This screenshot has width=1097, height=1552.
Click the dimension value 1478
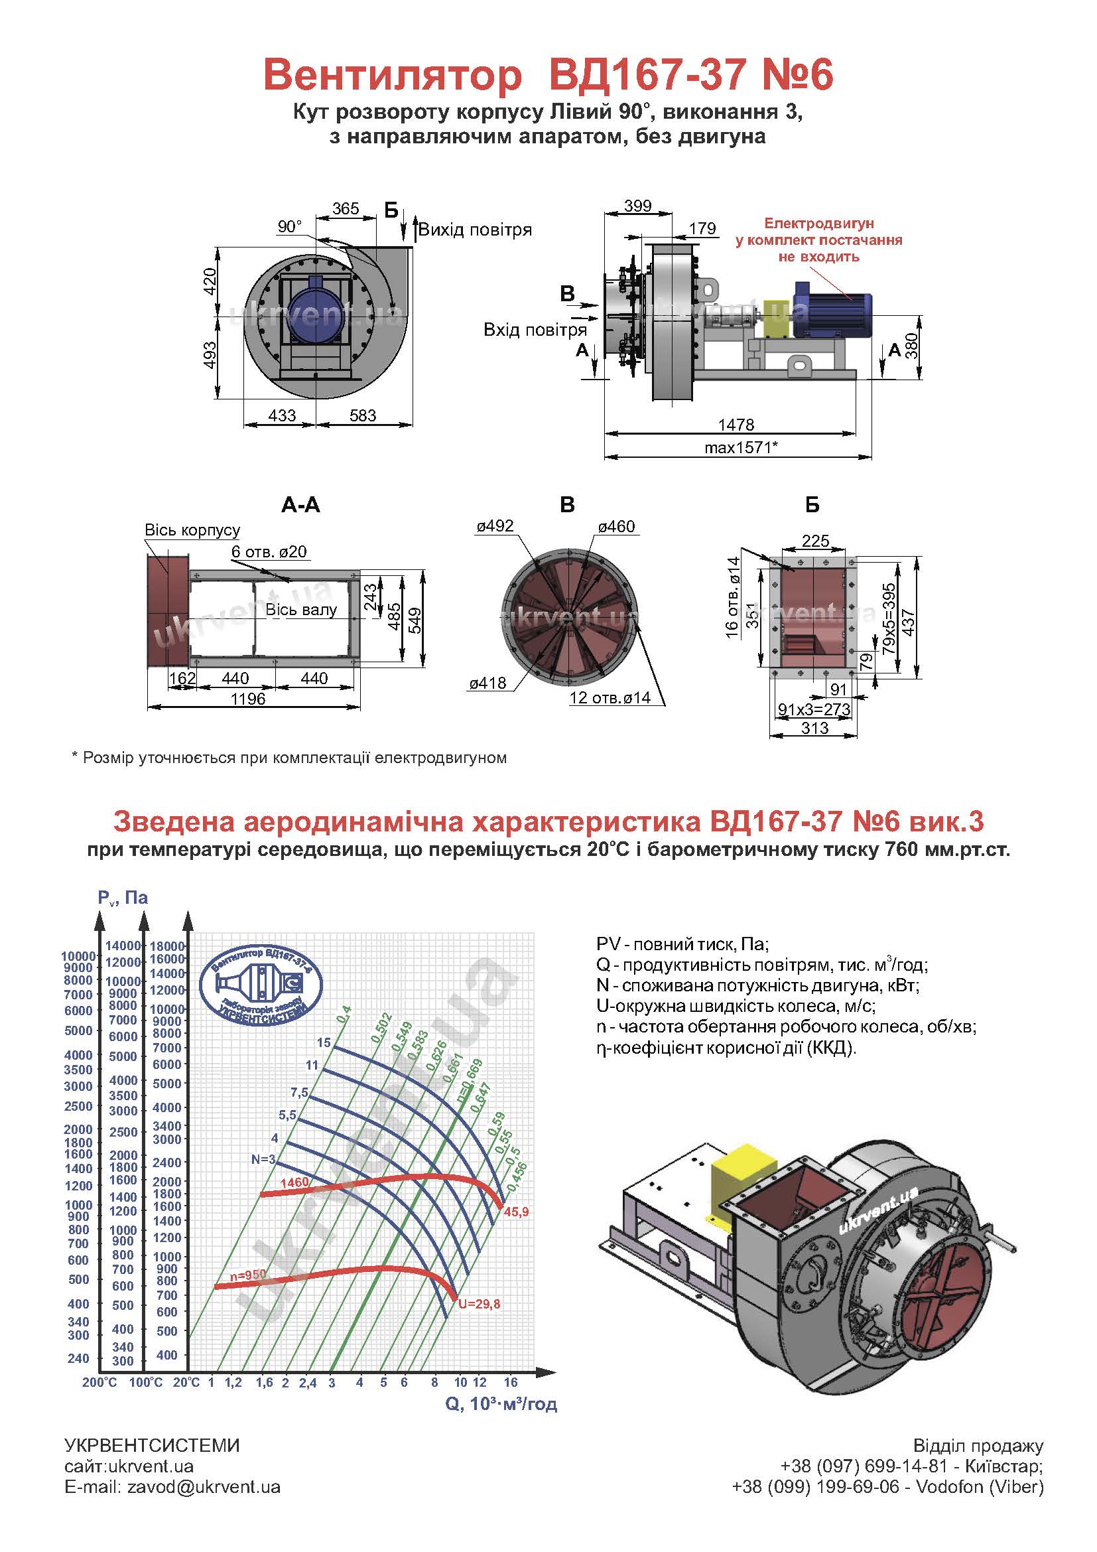(x=736, y=425)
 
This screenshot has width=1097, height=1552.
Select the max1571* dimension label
(x=741, y=447)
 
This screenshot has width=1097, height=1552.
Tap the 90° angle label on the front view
(x=290, y=226)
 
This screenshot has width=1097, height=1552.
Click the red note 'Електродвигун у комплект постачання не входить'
(x=818, y=240)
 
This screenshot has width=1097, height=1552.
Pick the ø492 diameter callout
(x=495, y=526)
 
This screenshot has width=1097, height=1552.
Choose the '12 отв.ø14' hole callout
(x=610, y=697)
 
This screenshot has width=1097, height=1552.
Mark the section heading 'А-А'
(x=300, y=505)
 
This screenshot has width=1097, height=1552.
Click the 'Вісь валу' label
(x=300, y=610)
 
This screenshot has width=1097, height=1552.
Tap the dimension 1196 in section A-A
(x=248, y=698)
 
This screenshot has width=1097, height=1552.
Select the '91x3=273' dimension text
(x=814, y=709)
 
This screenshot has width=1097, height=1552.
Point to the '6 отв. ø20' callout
(x=269, y=551)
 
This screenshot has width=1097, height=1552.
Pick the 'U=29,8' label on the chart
(x=479, y=1304)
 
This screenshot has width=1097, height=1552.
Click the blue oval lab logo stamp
(x=263, y=981)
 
